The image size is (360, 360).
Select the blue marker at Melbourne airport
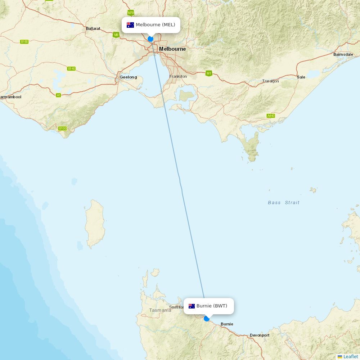(150, 39)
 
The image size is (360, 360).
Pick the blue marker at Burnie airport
(207, 319)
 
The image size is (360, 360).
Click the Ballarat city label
(93, 28)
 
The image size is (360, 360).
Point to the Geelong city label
(129, 77)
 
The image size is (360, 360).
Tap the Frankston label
(178, 76)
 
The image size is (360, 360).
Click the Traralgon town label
(270, 81)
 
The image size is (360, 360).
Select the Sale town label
(301, 77)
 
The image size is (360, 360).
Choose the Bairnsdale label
(343, 54)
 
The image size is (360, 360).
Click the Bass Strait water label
(284, 203)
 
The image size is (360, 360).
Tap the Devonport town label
(260, 335)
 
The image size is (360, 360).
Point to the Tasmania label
(160, 310)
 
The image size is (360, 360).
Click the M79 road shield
(131, 13)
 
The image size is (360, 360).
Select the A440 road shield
(271, 116)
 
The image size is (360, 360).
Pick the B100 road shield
(63, 129)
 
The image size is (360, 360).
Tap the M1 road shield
(209, 73)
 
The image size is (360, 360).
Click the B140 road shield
(72, 68)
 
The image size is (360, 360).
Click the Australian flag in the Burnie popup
(192, 306)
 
